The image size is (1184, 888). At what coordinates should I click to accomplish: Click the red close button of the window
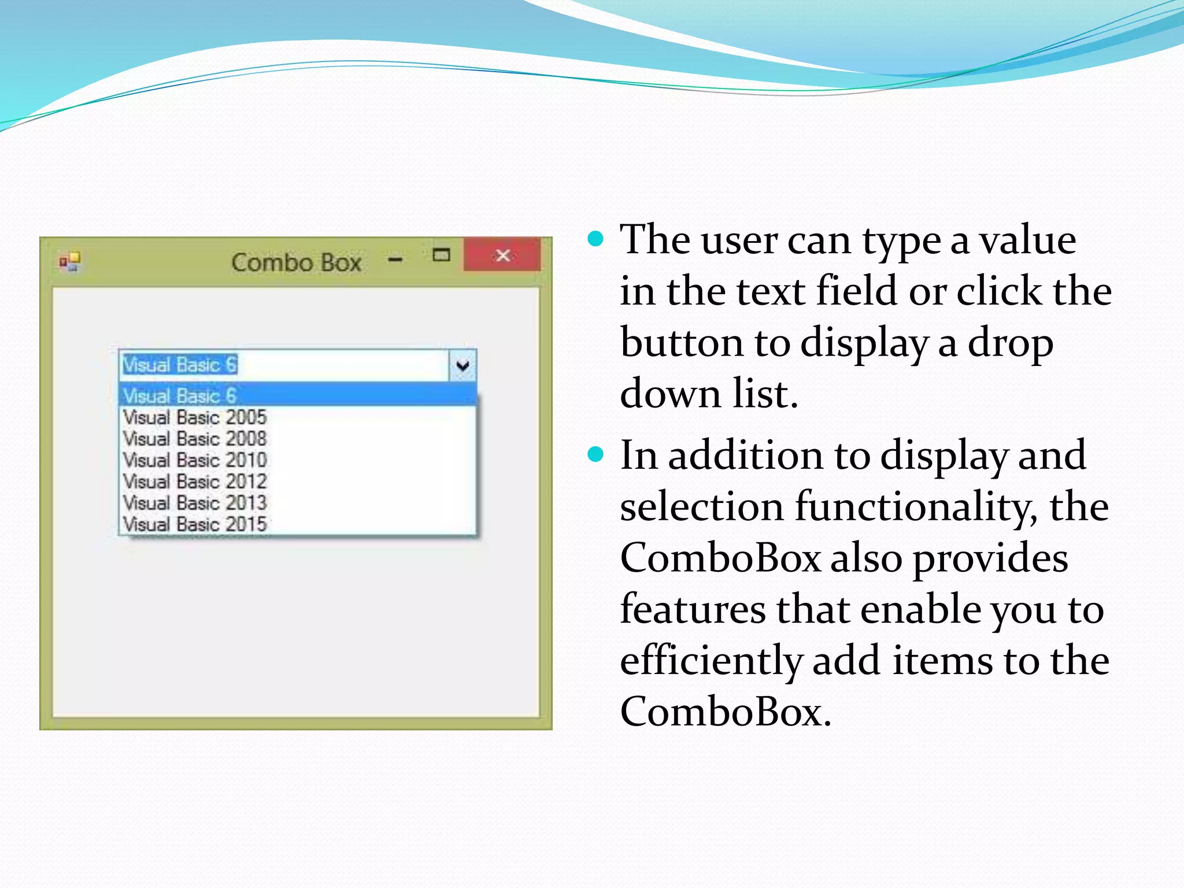502,255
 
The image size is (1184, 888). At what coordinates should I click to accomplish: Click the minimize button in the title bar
395,260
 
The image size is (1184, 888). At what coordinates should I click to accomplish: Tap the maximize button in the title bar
442,255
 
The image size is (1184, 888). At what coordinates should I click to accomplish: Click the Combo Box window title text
296,263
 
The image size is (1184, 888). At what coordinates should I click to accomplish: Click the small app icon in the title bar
70,262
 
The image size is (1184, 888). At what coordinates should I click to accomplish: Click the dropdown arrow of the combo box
462,365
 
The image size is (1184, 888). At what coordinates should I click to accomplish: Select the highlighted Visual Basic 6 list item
180,395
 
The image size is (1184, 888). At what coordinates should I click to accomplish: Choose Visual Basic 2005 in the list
195,417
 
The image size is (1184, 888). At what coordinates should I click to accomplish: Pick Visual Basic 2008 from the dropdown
195,438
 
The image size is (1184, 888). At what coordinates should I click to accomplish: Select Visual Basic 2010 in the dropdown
195,460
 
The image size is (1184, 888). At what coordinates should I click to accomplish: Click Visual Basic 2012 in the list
195,481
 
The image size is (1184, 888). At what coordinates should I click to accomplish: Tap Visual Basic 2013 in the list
195,502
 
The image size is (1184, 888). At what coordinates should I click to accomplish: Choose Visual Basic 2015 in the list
195,524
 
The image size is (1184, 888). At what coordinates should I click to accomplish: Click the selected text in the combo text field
180,365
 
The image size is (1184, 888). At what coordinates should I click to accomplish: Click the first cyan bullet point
595,238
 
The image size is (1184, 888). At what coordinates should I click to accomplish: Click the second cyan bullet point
595,454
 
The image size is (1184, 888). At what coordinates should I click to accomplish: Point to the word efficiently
712,660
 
